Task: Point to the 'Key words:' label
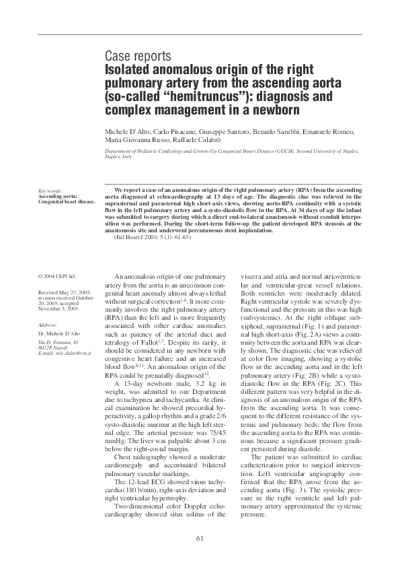click(x=50, y=191)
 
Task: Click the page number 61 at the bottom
click(x=200, y=537)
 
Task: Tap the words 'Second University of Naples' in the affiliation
click(x=324, y=152)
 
